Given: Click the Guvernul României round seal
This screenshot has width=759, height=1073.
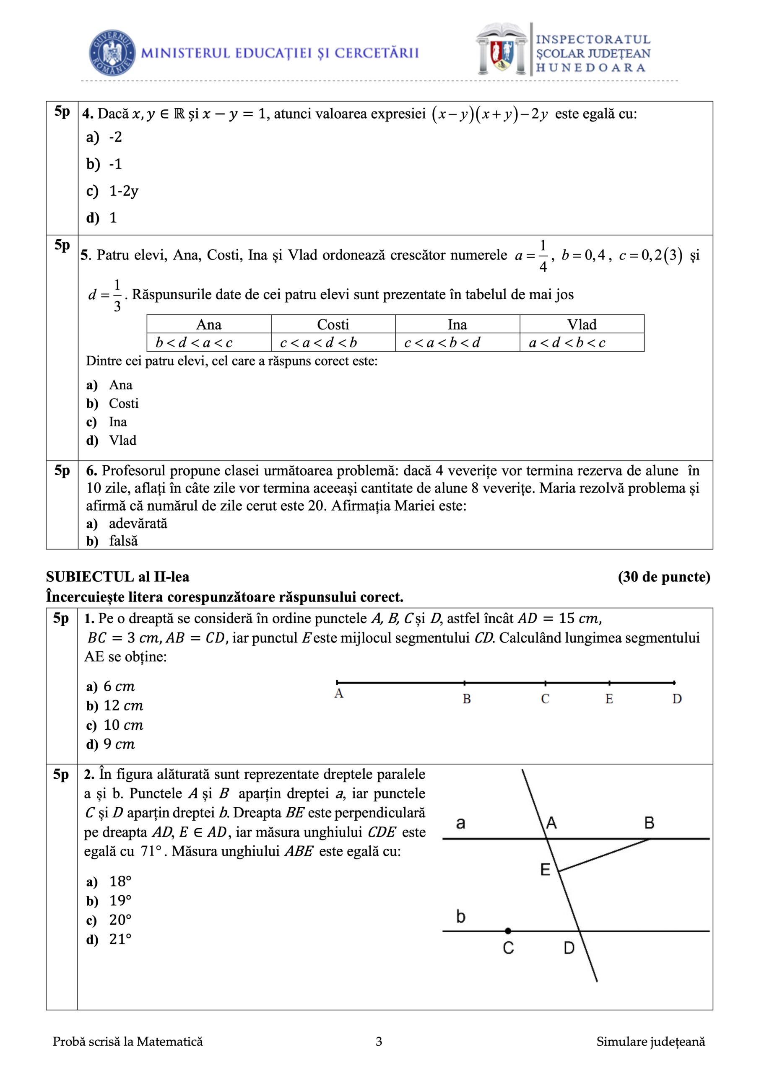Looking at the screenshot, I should click(x=112, y=53).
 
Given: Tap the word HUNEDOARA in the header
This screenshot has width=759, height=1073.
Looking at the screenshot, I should click(x=591, y=68).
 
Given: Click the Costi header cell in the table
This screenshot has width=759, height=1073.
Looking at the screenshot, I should click(x=333, y=324).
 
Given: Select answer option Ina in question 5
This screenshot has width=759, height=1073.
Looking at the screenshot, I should click(x=118, y=422).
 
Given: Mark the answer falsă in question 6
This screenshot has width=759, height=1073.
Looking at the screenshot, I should click(x=123, y=541).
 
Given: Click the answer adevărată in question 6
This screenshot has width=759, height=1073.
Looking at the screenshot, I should click(x=138, y=524).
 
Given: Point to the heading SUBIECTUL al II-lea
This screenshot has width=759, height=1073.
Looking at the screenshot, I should click(x=118, y=577).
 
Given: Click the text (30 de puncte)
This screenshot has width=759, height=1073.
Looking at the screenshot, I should click(x=663, y=577).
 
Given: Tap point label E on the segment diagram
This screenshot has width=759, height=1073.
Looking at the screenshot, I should click(x=609, y=699).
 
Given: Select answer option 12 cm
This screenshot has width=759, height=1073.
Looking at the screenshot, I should click(x=123, y=706).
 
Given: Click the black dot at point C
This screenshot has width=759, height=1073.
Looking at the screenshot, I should click(x=508, y=931).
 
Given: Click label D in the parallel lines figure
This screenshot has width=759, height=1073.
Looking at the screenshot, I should click(x=569, y=948).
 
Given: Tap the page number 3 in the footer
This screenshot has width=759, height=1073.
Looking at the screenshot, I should click(x=379, y=1042).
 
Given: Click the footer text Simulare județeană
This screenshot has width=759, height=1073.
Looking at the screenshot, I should click(x=650, y=1042).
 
